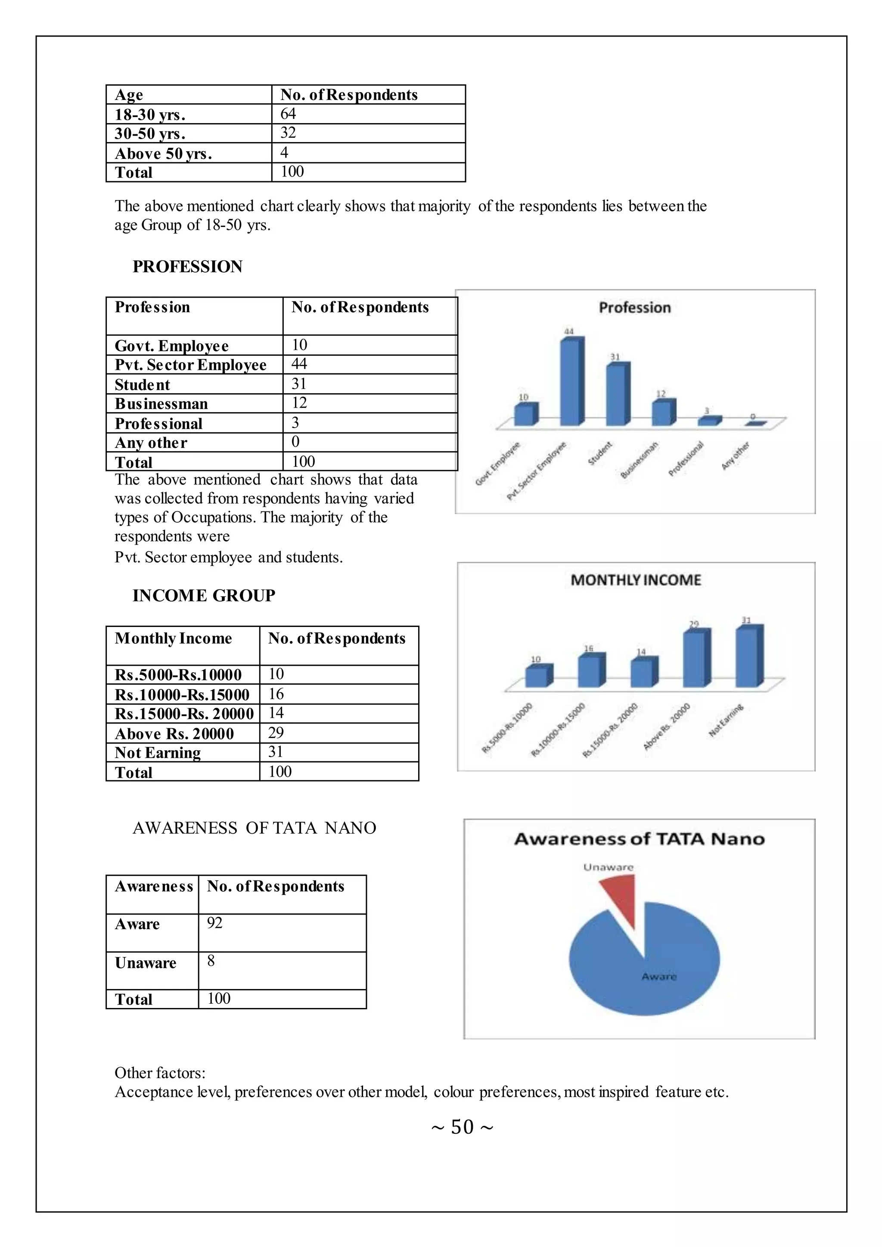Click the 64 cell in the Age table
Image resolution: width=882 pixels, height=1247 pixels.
(x=289, y=114)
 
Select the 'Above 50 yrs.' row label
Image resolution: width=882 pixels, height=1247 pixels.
(x=163, y=154)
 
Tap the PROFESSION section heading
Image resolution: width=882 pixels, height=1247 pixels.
(x=187, y=267)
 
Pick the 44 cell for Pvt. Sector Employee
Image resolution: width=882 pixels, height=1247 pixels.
(x=299, y=364)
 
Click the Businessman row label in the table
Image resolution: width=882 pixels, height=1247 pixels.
(x=161, y=403)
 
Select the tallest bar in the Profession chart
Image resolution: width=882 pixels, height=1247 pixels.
(x=571, y=381)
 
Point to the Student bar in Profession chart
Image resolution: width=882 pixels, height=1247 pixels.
(x=618, y=394)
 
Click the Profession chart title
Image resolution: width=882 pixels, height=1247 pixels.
(x=634, y=308)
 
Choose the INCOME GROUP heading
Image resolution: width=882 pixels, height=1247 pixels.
(x=204, y=596)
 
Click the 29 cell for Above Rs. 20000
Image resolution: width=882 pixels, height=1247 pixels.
(x=276, y=733)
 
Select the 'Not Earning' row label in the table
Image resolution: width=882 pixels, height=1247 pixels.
(x=158, y=753)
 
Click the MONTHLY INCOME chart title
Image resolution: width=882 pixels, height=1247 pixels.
(x=635, y=580)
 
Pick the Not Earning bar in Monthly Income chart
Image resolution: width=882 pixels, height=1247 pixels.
(x=748, y=657)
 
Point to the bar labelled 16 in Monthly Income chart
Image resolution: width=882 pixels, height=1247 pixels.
(x=590, y=671)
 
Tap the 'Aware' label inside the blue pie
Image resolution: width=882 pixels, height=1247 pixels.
(x=659, y=977)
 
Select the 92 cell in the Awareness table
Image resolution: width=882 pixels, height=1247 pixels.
(x=214, y=923)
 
